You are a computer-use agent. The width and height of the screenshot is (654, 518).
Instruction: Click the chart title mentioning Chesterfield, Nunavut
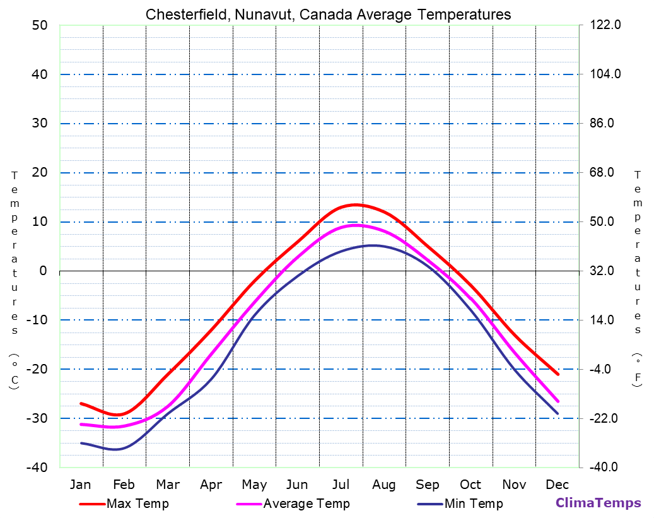(328, 14)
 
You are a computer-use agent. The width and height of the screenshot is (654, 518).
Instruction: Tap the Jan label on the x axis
(80, 485)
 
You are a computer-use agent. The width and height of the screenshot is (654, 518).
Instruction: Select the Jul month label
(341, 485)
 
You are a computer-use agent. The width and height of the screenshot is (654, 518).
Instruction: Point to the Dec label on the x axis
(558, 485)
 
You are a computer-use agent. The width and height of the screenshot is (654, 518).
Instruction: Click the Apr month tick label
(211, 485)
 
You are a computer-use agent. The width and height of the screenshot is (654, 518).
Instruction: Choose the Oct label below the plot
(470, 485)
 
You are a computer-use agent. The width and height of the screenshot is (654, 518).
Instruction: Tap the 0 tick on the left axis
(43, 271)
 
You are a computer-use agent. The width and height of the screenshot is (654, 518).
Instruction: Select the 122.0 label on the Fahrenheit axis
(605, 25)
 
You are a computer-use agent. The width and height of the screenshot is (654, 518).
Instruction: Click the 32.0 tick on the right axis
(605, 271)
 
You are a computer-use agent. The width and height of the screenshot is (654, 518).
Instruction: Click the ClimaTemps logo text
(598, 503)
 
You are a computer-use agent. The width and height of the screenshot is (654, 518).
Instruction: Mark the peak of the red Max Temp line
(356, 204)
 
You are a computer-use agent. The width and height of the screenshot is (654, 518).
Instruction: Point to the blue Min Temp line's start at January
(81, 443)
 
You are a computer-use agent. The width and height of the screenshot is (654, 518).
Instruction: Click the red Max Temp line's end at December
(558, 374)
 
